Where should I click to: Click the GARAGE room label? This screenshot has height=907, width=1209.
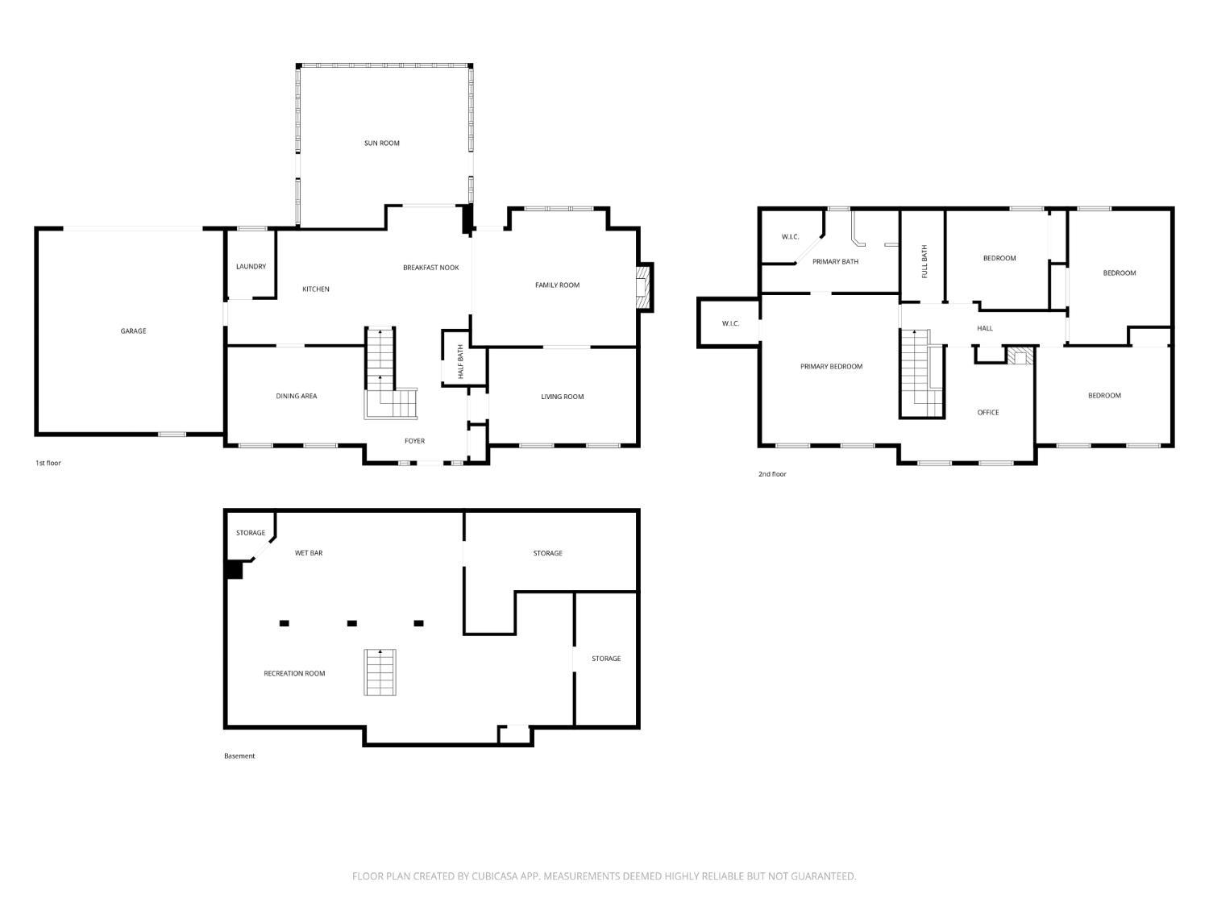(x=133, y=331)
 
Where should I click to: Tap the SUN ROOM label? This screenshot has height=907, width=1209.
(x=381, y=143)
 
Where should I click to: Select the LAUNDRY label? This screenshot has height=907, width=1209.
(x=251, y=267)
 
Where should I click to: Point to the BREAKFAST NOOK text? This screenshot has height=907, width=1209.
(x=430, y=268)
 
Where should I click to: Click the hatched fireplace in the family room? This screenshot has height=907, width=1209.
(x=642, y=288)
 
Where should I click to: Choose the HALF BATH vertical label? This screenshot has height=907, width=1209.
(x=461, y=363)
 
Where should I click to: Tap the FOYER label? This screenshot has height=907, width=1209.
(x=414, y=441)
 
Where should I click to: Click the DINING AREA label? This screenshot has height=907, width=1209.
(x=297, y=396)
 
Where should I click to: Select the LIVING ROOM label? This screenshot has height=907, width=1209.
(x=562, y=397)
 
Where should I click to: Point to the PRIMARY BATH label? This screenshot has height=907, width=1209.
(x=835, y=261)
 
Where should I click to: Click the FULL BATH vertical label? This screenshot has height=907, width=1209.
(x=924, y=261)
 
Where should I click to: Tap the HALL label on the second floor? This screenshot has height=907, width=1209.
(x=985, y=328)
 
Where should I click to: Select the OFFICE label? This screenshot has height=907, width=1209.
(x=988, y=412)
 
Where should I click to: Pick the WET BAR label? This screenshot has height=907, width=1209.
(x=309, y=553)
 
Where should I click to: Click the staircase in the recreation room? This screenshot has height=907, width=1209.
(x=380, y=672)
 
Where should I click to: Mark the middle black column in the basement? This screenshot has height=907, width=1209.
(x=352, y=623)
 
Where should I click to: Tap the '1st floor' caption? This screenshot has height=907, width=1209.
(x=48, y=463)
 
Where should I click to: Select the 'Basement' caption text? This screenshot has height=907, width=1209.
(x=239, y=755)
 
